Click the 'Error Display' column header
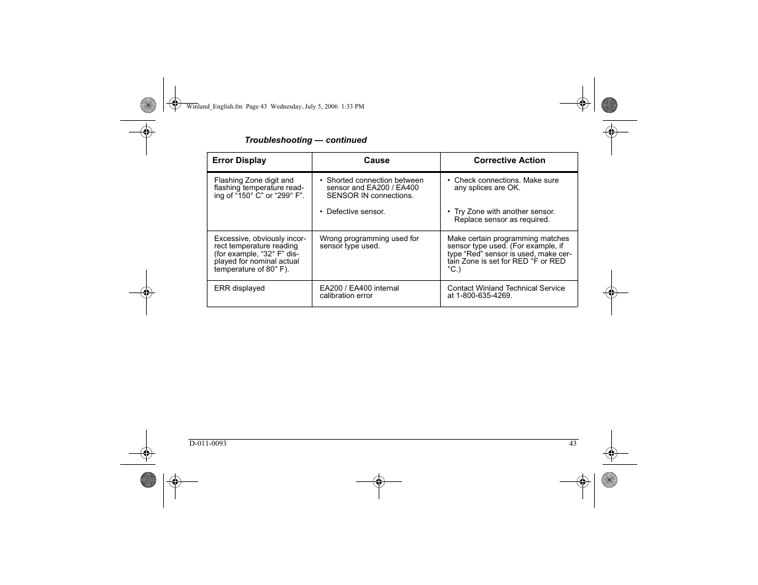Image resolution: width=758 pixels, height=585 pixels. tap(239, 161)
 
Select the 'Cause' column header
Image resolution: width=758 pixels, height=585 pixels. tap(376, 161)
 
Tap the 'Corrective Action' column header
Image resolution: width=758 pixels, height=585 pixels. tap(509, 161)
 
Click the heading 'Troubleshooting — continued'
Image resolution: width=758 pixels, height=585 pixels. tap(306, 140)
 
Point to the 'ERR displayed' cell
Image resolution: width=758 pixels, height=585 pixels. tap(239, 288)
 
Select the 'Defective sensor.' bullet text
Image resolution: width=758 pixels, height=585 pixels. tap(355, 212)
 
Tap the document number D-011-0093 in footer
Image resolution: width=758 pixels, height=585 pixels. tap(207, 443)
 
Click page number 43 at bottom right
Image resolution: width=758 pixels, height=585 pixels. tap(573, 443)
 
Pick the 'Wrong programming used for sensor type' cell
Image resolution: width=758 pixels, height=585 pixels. tap(369, 242)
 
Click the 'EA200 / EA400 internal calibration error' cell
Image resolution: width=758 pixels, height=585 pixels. tap(359, 292)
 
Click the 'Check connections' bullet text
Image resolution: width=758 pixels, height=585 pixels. tap(506, 184)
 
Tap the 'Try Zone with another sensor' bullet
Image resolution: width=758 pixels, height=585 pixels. tap(504, 215)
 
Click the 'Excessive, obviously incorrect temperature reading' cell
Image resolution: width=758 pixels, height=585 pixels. tap(260, 254)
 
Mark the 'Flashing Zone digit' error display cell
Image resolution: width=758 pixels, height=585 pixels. tap(258, 188)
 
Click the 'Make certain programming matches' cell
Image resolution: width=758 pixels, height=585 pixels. tap(509, 254)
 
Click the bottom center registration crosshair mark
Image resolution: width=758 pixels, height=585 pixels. tap(379, 482)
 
